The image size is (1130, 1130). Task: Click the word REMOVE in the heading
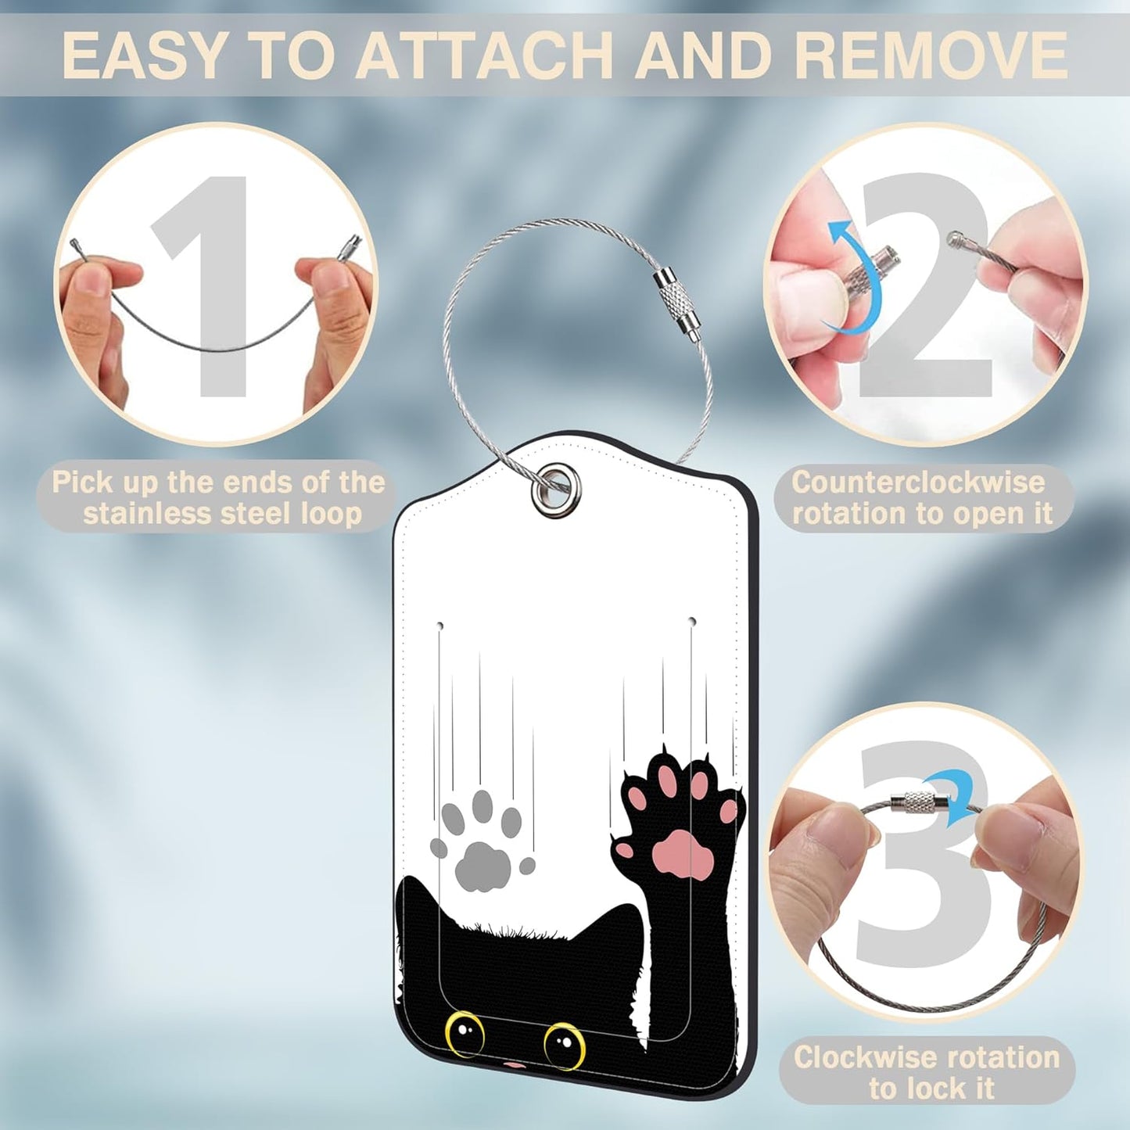tap(931, 55)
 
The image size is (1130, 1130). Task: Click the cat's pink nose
tap(513, 1065)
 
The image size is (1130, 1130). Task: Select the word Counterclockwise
tap(918, 482)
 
